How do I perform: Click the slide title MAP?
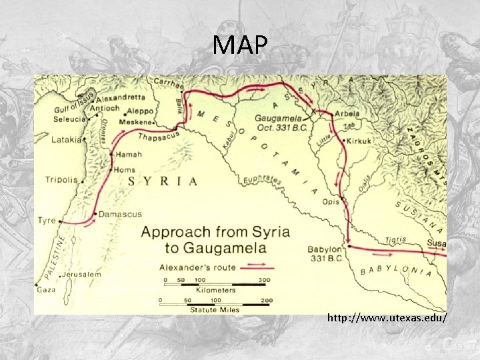(x=240, y=46)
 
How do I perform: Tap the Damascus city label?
(x=120, y=214)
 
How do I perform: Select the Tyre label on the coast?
(x=46, y=220)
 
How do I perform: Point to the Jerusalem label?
(x=83, y=274)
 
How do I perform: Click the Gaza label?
(x=46, y=290)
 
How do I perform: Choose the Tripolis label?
(x=61, y=179)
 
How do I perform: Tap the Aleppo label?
(x=140, y=111)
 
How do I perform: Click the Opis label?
(x=331, y=201)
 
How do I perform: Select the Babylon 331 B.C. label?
(x=325, y=253)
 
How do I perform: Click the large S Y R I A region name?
(x=163, y=181)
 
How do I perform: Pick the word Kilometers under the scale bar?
(x=215, y=290)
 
